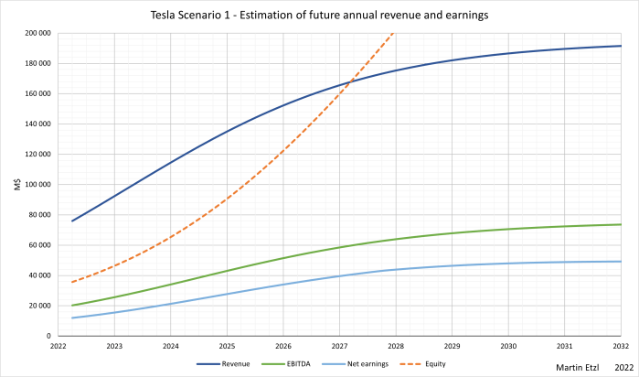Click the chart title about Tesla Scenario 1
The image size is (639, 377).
(x=319, y=15)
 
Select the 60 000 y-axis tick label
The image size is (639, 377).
(x=37, y=245)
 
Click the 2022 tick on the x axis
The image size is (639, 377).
(x=59, y=346)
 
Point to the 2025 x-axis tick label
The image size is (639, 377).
(x=227, y=346)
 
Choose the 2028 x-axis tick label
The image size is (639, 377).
(x=396, y=346)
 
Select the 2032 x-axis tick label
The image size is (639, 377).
(x=621, y=346)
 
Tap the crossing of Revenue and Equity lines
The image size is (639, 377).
(x=350, y=80)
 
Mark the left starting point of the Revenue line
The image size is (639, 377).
(x=72, y=221)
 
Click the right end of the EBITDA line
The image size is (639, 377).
(x=621, y=224)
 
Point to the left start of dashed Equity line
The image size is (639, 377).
(x=72, y=282)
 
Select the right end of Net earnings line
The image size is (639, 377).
(x=621, y=262)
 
